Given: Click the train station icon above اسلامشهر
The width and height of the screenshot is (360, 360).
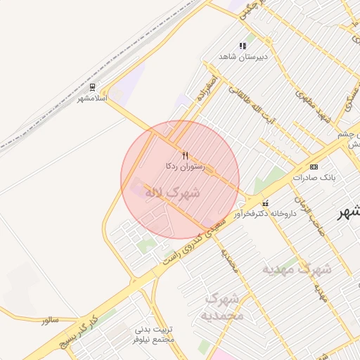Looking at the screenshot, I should click(91, 87).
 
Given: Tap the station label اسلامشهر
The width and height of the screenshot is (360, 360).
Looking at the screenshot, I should click(92, 98).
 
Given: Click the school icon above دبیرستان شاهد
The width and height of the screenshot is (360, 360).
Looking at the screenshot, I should click(243, 46).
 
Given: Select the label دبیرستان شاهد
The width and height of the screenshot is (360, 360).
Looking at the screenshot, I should click(243, 56).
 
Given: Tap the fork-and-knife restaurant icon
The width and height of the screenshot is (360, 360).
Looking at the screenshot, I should click(185, 155).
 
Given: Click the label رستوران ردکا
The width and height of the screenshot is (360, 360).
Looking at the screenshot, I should click(185, 167).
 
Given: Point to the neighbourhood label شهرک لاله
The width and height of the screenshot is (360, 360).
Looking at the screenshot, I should click(172, 192).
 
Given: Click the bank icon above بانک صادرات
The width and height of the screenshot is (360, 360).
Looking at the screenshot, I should click(313, 167).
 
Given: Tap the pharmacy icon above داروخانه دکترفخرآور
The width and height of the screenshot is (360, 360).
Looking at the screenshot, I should click(264, 202).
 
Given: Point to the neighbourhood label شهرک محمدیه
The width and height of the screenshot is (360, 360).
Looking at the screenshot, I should click(223, 307).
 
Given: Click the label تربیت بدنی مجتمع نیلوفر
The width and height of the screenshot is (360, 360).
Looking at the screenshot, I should click(153, 334).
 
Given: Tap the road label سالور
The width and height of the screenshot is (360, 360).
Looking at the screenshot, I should click(49, 320).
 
